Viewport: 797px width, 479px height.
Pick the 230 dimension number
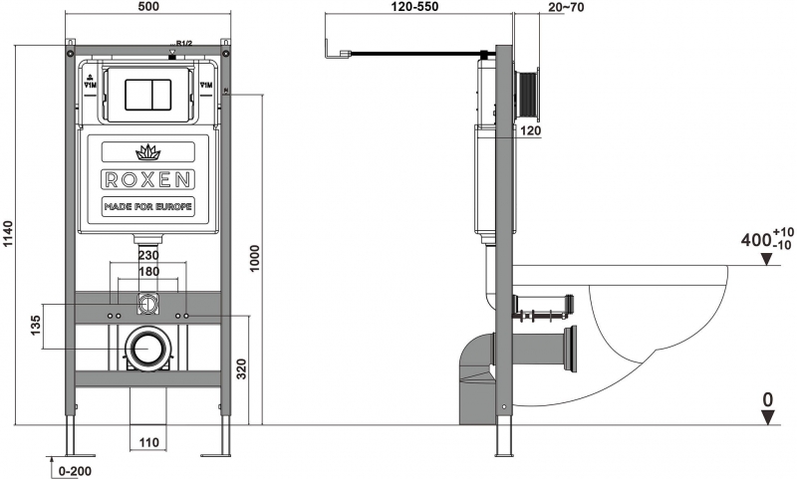[x=148, y=255]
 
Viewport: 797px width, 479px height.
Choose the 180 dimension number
[x=148, y=271]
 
